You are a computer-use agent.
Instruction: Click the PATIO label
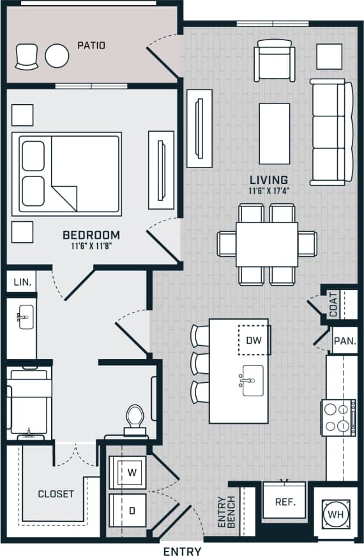(x=91, y=45)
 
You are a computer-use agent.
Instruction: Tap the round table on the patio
(x=57, y=56)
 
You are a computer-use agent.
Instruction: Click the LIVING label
(x=269, y=180)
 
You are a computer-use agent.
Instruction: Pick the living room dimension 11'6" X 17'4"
(x=269, y=190)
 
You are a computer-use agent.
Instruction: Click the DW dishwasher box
(x=254, y=340)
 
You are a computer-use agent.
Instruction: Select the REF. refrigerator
(x=285, y=502)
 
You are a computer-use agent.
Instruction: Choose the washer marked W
(x=132, y=473)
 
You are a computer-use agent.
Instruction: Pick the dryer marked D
(x=132, y=509)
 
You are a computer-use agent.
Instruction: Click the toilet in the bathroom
(x=135, y=419)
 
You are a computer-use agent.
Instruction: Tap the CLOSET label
(x=56, y=494)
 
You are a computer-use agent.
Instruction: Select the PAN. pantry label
(x=345, y=341)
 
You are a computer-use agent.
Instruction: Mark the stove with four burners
(x=338, y=417)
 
